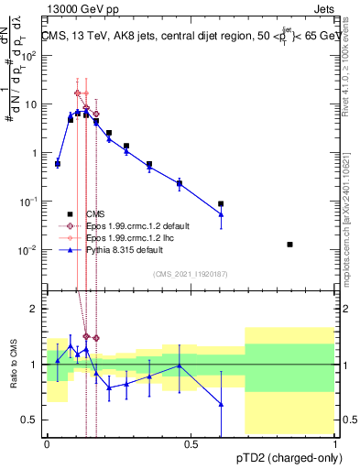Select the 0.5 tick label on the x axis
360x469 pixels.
coord(191,444)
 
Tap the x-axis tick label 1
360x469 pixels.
coord(335,444)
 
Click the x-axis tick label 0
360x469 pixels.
coord(47,444)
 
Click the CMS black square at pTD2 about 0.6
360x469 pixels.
coord(221,204)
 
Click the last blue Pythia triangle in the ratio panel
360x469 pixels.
coord(221,404)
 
